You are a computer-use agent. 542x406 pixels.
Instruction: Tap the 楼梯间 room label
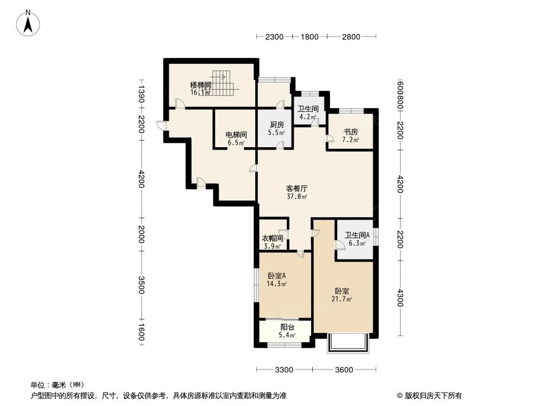[x=200, y=85]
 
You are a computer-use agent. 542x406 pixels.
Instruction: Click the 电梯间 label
[x=236, y=135]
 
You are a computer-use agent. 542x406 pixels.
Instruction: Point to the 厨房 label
[x=277, y=125]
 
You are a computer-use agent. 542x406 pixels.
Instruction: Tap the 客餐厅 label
[x=297, y=188]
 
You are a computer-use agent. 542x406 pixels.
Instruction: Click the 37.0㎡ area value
[x=297, y=197]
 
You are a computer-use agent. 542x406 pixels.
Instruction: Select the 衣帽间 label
[x=273, y=238]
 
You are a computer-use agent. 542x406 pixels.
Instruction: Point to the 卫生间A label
[x=357, y=235]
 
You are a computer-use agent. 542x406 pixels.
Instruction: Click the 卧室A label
[x=276, y=274]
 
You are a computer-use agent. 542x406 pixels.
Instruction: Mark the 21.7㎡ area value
[x=343, y=299]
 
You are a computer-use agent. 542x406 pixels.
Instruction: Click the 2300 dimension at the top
[x=275, y=37]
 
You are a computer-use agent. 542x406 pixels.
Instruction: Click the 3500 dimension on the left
[x=141, y=285]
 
